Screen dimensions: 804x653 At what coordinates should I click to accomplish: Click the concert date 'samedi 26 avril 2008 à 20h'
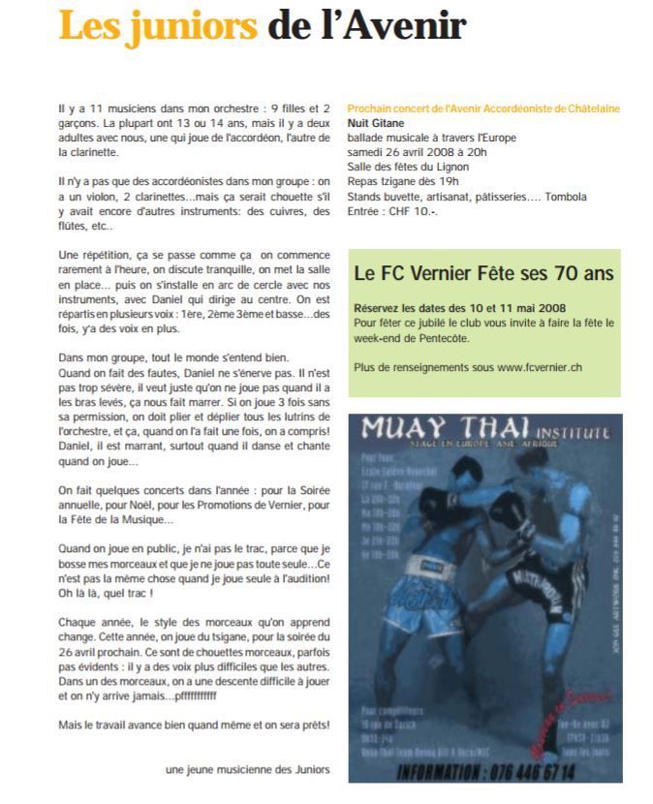click(x=418, y=152)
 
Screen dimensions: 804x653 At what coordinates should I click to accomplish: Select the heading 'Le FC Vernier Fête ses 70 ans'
click(x=483, y=274)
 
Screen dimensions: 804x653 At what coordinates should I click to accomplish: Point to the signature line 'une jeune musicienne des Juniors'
click(x=247, y=769)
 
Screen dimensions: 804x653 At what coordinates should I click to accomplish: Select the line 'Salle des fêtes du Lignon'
click(x=408, y=167)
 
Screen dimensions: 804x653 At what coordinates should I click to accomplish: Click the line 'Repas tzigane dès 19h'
click(x=402, y=181)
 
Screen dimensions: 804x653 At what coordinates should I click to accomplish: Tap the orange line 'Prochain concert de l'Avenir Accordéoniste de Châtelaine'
click(x=483, y=108)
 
